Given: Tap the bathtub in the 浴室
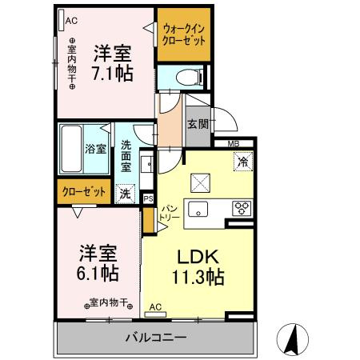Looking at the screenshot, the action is [71, 149].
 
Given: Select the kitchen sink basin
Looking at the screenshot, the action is [198, 209].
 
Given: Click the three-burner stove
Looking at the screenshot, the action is [242, 208].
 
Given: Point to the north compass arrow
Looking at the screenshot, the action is [293, 339].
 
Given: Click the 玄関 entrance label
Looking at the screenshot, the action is [198, 124].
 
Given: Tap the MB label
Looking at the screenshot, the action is [234, 144].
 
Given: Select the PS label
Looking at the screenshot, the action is [149, 198].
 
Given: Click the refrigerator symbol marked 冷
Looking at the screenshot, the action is [243, 162].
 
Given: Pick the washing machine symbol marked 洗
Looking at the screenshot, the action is [125, 194].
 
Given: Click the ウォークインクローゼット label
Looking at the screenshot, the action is [184, 34].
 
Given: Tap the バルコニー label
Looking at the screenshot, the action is [156, 338].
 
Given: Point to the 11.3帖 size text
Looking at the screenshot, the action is [198, 278].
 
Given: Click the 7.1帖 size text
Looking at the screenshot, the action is [112, 73].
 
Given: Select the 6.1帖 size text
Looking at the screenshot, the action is [98, 273].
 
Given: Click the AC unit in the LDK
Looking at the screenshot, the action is [155, 314].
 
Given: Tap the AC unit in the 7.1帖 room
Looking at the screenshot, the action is [61, 20].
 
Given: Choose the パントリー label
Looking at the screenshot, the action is [169, 213].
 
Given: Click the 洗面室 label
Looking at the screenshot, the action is [126, 157].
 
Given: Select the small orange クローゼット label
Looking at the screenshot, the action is [84, 191].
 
